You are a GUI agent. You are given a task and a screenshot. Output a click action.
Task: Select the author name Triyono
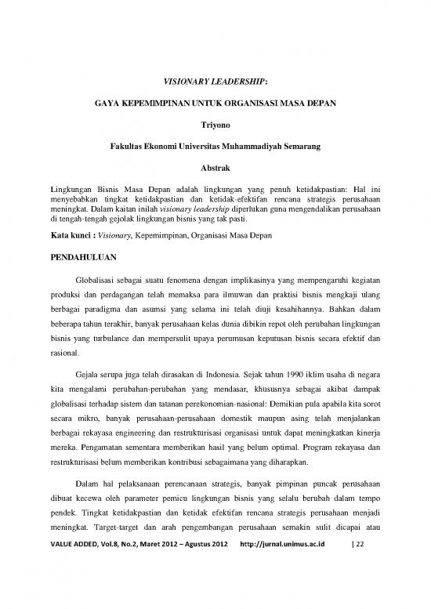215,123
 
